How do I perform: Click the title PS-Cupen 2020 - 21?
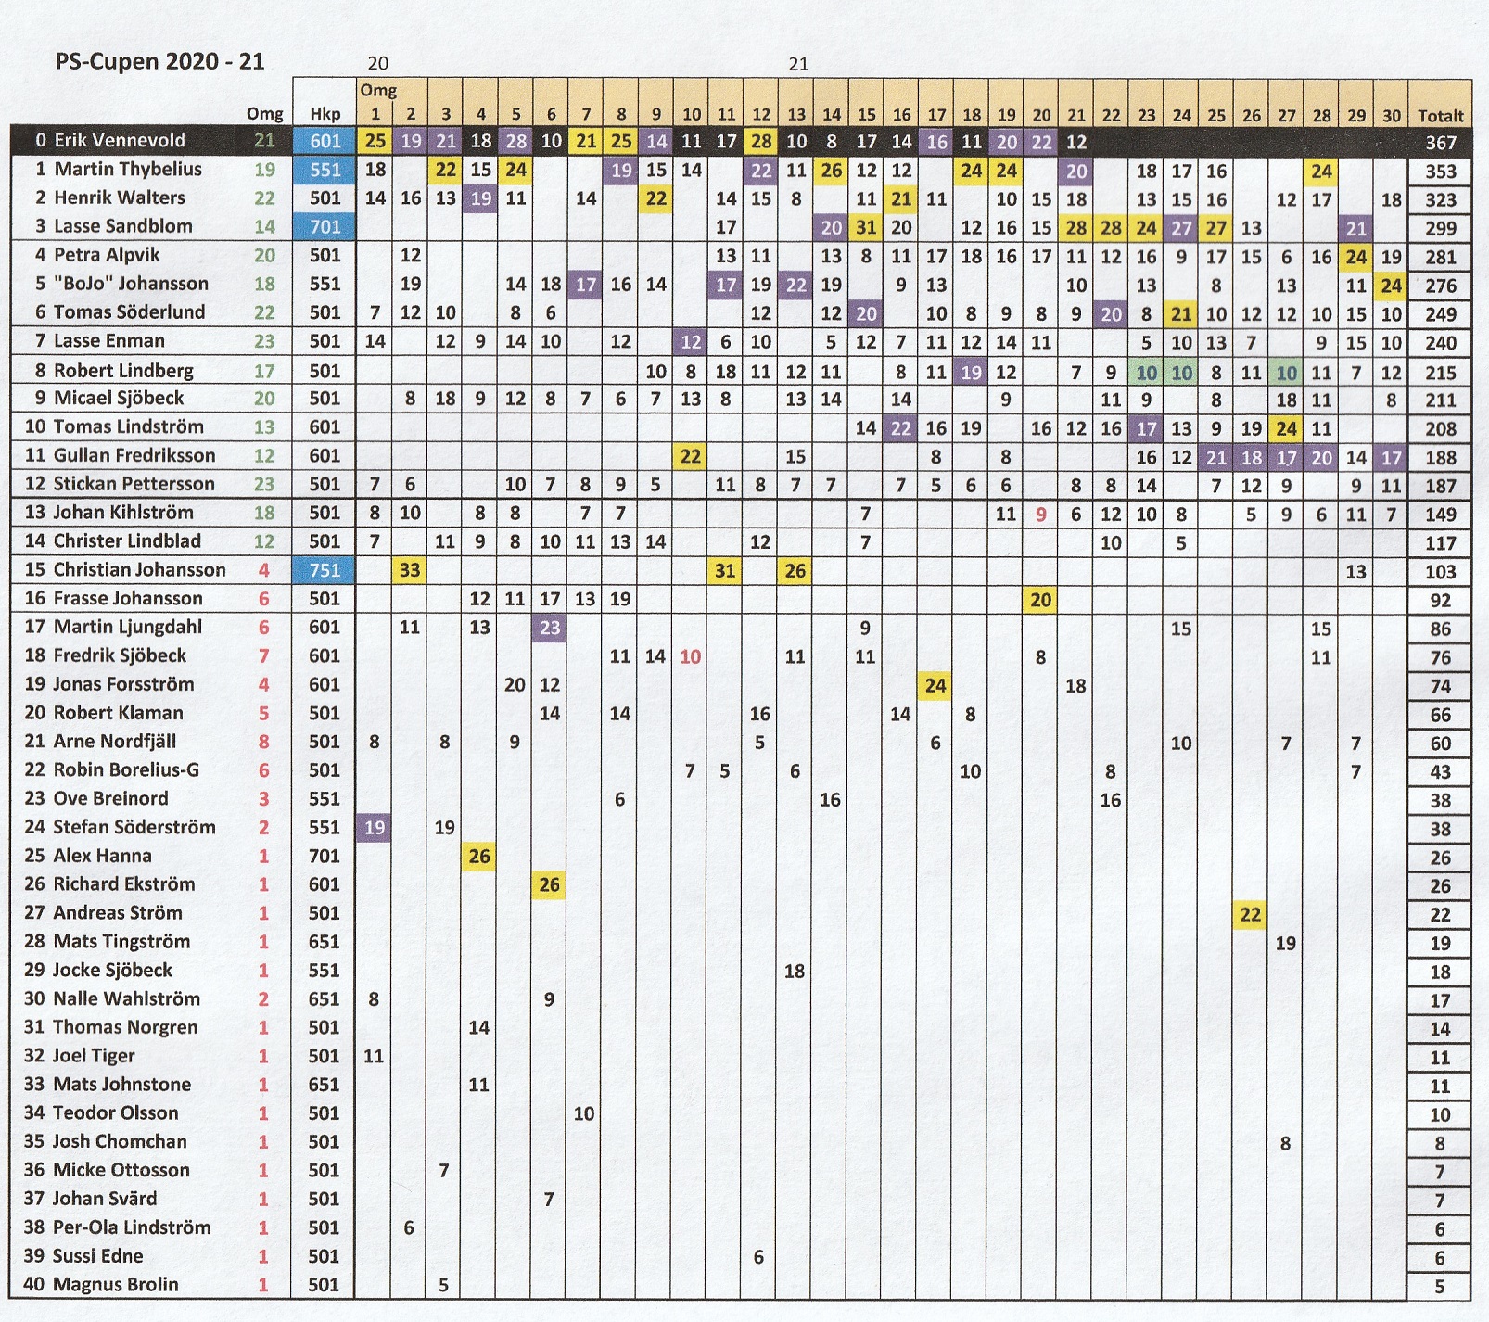click(x=159, y=62)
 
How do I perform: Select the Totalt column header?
click(x=1440, y=116)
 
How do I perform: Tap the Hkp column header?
click(x=325, y=114)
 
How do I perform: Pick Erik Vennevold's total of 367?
click(x=1440, y=143)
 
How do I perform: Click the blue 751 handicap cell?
click(x=325, y=570)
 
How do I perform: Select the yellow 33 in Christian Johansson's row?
click(x=410, y=570)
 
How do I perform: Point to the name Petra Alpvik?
click(x=107, y=255)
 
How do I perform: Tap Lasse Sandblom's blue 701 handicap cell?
click(x=325, y=226)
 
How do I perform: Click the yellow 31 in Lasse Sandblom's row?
click(x=866, y=227)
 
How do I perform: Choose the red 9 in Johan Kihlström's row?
click(x=1041, y=514)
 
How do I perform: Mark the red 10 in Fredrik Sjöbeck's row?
click(x=691, y=656)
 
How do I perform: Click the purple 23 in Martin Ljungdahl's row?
click(x=550, y=628)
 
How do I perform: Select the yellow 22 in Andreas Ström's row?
click(x=1251, y=915)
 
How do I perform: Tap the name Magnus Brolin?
click(x=116, y=1285)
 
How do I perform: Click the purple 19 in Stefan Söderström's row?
click(x=375, y=828)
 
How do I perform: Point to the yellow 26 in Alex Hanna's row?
click(x=479, y=856)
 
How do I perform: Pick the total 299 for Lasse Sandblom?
click(x=1440, y=228)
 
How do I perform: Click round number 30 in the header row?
click(x=1391, y=116)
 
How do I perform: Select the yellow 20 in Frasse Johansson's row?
click(x=1041, y=600)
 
